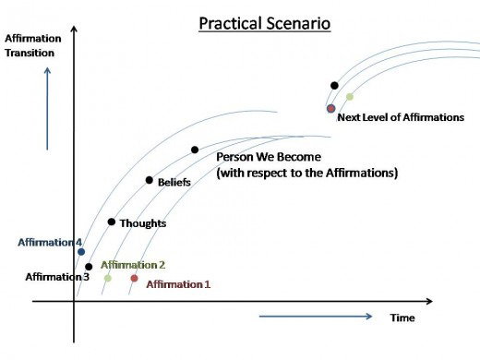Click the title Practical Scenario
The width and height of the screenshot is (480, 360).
[265, 24]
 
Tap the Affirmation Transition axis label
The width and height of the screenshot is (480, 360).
[33, 45]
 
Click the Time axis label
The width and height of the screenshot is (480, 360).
[402, 318]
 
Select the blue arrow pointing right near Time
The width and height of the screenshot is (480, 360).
[316, 317]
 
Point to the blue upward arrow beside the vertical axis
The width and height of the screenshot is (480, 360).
[47, 109]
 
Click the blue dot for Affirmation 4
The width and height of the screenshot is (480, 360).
[81, 252]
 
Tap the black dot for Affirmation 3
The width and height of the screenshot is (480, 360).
[89, 267]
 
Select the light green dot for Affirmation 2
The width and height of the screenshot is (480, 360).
[108, 278]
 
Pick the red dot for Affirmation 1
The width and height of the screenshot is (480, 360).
[134, 278]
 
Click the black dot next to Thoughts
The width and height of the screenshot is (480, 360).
[112, 222]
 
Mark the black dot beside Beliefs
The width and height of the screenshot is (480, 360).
[150, 180]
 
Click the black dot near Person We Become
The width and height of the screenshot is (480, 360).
[195, 150]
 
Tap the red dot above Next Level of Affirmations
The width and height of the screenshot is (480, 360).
[331, 108]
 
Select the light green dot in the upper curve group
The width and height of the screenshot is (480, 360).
[350, 97]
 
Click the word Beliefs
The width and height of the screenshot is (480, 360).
[174, 182]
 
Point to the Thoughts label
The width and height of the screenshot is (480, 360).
[143, 223]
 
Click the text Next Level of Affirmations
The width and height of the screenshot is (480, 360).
[401, 117]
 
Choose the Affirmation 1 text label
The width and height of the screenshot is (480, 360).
[178, 284]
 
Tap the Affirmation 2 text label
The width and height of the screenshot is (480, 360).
[133, 265]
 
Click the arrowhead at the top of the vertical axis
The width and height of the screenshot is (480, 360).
[74, 29]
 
